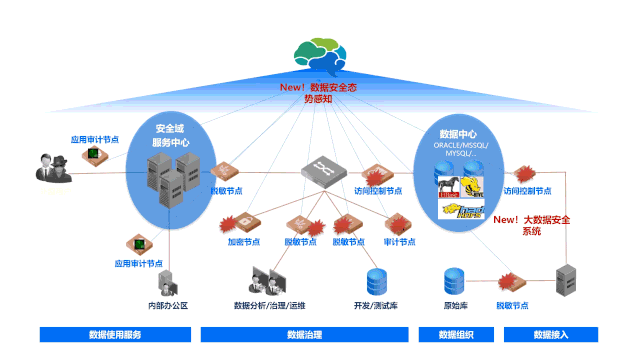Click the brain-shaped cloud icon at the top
coord(322,56)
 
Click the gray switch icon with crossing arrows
coord(321,168)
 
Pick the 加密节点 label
coord(243,241)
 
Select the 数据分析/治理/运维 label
coord(269,304)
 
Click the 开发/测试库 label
coord(375,304)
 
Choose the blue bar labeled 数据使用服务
coord(115,335)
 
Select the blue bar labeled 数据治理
coord(304,335)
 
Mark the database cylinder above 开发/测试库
coord(377,279)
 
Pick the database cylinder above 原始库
coord(456,279)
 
